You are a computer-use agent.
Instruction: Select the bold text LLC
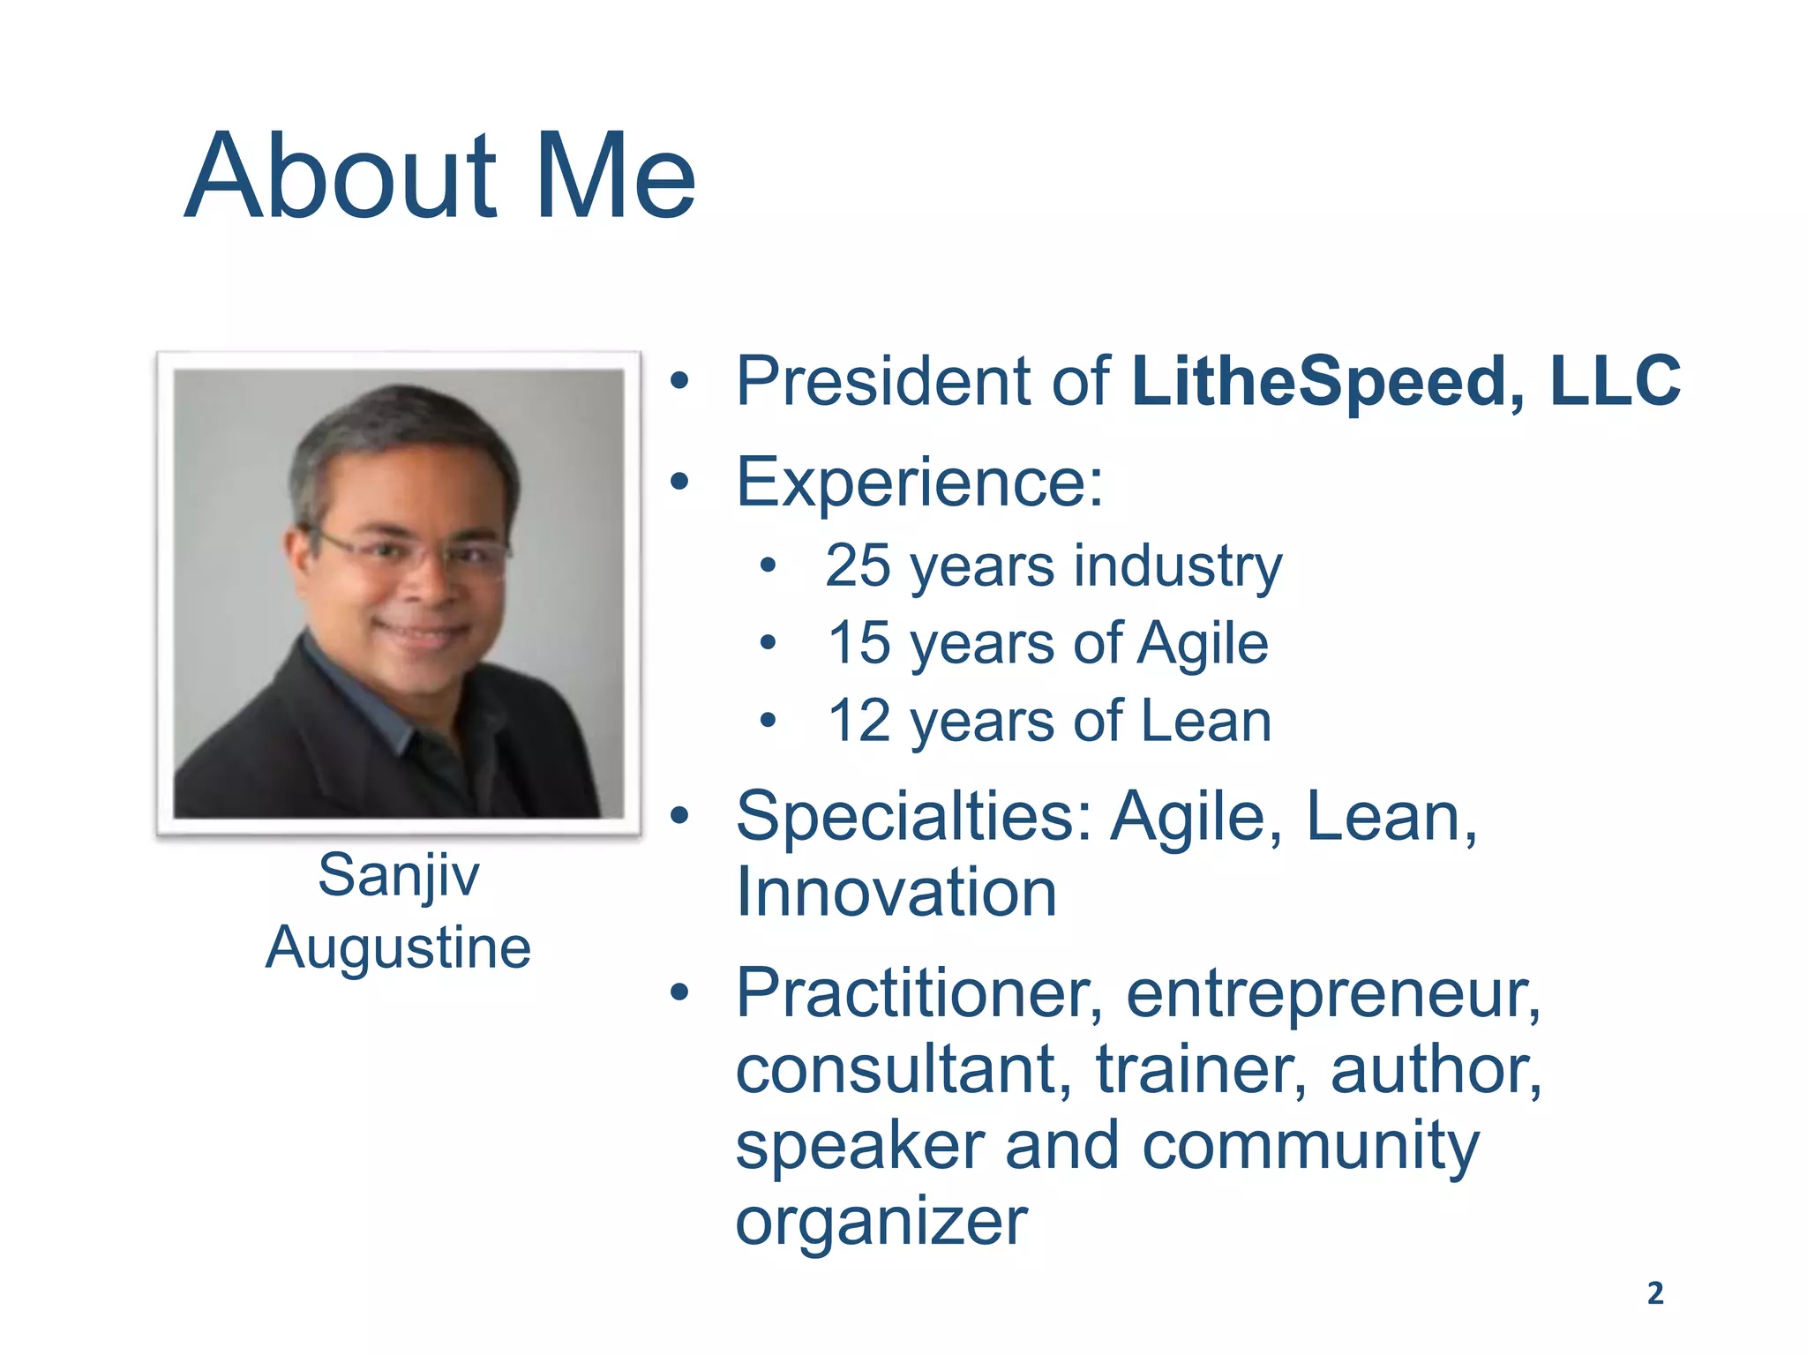pos(1615,381)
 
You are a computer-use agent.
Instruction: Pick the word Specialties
pos(913,818)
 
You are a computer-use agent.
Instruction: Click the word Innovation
pos(896,892)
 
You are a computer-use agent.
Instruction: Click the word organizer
pos(881,1224)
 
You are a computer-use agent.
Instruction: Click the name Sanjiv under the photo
pos(399,876)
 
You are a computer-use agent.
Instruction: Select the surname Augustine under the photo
pos(399,949)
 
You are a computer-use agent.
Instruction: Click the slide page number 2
pos(1655,1293)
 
